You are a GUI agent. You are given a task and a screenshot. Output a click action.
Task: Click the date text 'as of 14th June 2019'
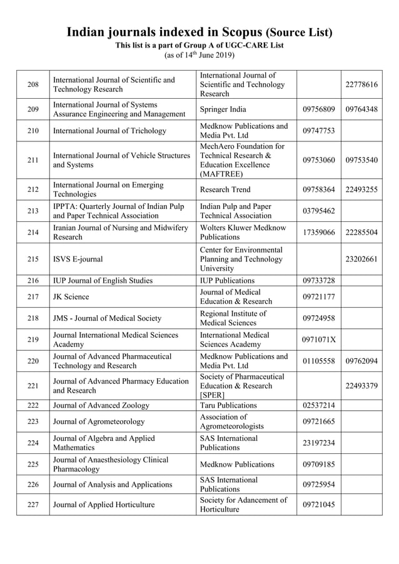(x=199, y=55)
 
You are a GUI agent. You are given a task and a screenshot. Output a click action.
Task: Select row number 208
(x=33, y=84)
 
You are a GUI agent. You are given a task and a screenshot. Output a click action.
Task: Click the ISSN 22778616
(x=361, y=84)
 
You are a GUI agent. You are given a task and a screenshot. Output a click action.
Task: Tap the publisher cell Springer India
(x=223, y=109)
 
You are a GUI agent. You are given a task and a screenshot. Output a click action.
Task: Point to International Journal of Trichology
(x=110, y=131)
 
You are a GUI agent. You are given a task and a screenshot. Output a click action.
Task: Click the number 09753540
(x=361, y=160)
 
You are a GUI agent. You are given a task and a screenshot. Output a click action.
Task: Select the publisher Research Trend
(x=225, y=189)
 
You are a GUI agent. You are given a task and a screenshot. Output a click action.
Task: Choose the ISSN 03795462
(x=319, y=211)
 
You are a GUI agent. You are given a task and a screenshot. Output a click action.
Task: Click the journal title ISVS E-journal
(x=78, y=259)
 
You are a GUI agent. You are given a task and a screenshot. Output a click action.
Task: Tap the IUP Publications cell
(x=227, y=280)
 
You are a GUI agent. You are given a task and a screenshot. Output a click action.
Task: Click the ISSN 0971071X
(x=319, y=340)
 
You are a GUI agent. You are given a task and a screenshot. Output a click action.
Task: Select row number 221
(x=33, y=386)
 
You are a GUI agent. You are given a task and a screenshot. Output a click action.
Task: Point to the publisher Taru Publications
(x=228, y=405)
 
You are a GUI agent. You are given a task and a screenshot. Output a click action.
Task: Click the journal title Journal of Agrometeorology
(x=99, y=421)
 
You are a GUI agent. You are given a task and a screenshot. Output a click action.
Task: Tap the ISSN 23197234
(x=319, y=443)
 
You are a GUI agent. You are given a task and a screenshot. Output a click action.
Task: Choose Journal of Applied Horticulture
(x=104, y=505)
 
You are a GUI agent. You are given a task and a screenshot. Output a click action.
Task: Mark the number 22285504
(x=361, y=233)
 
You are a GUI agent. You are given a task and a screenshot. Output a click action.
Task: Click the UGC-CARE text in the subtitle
(x=245, y=45)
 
